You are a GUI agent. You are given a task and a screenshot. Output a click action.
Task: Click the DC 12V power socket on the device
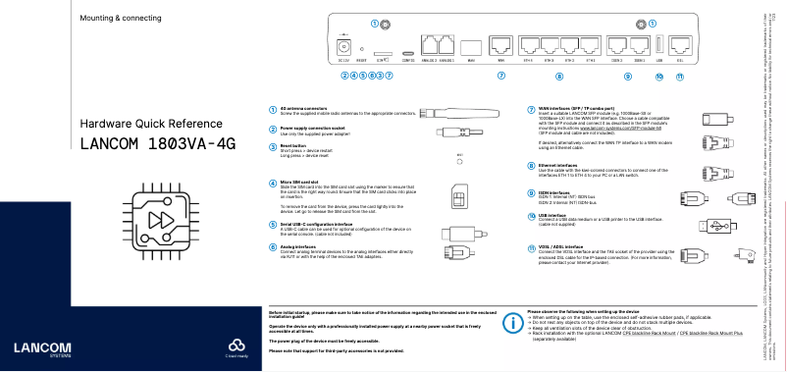point(344,45)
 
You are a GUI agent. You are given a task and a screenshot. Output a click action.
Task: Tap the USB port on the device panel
point(657,43)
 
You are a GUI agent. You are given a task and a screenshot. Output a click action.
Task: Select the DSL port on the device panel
point(680,43)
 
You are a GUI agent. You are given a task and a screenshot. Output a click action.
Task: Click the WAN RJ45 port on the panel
point(500,44)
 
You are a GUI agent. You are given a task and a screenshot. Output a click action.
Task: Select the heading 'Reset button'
point(293,146)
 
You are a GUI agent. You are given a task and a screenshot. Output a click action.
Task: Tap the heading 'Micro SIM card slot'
point(298,182)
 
